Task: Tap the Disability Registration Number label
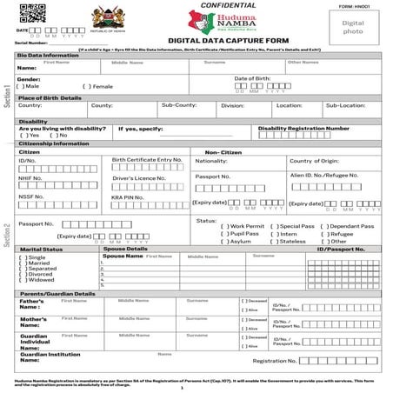[x=303, y=128]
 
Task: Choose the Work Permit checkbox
[x=224, y=227]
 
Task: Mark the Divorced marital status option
[x=21, y=273]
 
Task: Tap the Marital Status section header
[x=41, y=249]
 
